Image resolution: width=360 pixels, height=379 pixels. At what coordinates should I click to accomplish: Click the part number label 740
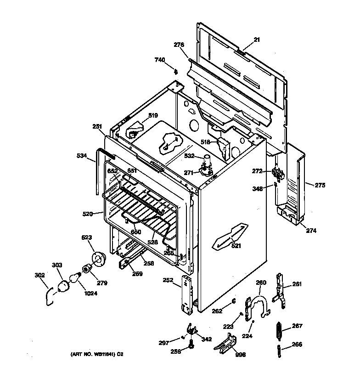(x=160, y=60)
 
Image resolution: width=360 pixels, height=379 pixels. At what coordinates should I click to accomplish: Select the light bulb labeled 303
(x=63, y=286)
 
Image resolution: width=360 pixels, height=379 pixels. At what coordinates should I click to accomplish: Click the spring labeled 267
(x=278, y=329)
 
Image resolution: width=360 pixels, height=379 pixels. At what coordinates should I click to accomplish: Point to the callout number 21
(x=257, y=40)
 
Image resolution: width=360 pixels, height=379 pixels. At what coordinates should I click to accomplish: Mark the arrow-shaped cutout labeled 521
(x=231, y=236)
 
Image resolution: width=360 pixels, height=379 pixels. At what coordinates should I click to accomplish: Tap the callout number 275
(x=320, y=185)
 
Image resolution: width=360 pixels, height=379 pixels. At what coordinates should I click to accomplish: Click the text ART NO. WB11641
(x=95, y=355)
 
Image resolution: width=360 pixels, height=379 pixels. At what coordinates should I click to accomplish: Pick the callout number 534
(x=81, y=156)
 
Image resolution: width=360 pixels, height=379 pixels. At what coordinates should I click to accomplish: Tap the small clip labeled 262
(x=233, y=301)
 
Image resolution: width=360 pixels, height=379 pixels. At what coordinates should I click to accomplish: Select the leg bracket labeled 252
(x=188, y=295)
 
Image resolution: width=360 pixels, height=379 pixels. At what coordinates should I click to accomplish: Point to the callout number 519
(x=152, y=115)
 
